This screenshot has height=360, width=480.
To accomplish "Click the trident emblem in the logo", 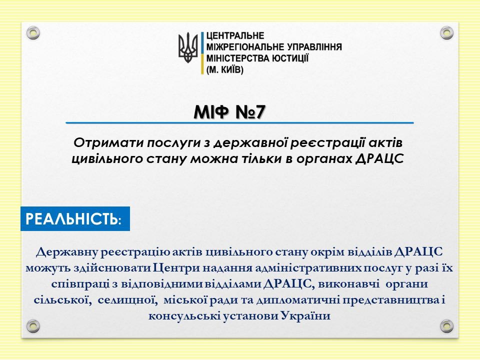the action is pos(188,47).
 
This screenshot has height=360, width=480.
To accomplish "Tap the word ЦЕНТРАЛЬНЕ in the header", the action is pos(235,36).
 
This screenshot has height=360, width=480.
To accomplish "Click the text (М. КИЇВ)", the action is pos(225,70).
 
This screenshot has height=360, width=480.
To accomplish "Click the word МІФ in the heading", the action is pos(211,112).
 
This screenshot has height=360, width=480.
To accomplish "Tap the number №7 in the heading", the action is pos(250,112).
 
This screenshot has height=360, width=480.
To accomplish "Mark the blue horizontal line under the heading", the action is pos(239,123).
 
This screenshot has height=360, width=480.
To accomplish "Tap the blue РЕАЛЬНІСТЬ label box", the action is pos(75,218).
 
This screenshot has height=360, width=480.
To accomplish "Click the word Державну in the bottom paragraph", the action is pos(67,252).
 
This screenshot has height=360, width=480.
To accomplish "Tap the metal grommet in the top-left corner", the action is pos(33,33).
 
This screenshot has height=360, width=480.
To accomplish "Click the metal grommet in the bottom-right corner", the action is pos(446,326).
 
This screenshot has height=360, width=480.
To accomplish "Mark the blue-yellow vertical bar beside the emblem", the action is pos(202,52).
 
